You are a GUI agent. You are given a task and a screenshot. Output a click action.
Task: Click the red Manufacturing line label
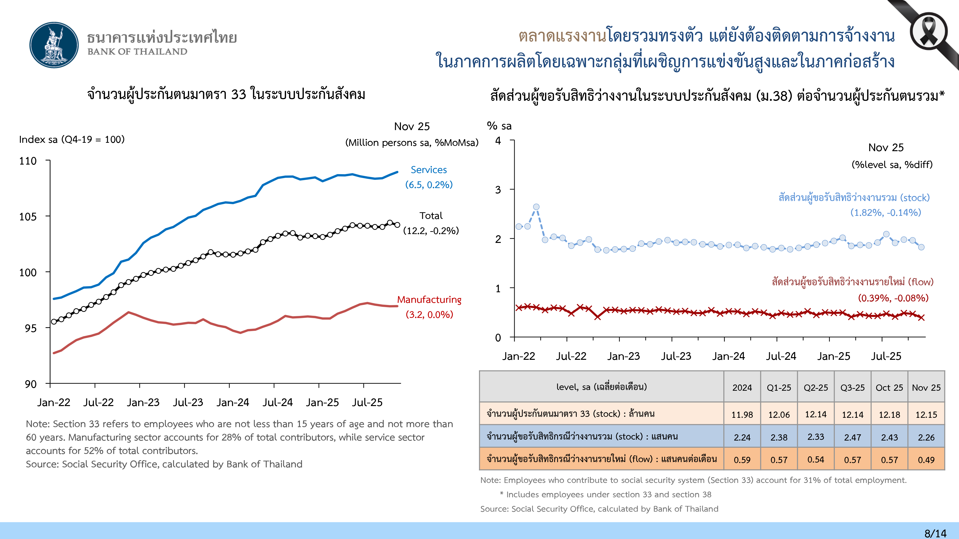pos(429,300)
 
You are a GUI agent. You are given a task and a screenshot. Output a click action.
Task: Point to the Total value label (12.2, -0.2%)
pos(431,231)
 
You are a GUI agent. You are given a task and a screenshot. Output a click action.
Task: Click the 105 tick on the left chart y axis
pos(28,217)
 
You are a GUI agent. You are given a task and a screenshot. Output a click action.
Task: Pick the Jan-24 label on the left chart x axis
pos(233,402)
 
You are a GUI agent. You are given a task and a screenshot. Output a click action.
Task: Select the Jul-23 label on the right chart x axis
pos(676,356)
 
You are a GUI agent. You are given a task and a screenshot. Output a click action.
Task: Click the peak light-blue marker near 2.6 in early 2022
pos(536,207)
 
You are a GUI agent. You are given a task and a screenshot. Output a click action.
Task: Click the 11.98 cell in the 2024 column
pos(742,415)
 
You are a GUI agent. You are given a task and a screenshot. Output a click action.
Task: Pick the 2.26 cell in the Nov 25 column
pos(926,437)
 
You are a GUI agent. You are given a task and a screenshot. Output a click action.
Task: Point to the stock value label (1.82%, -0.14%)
pos(885,213)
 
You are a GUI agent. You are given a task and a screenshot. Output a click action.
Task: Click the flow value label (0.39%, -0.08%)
pos(893,298)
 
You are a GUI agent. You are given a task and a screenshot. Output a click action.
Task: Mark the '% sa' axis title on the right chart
pos(499,126)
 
